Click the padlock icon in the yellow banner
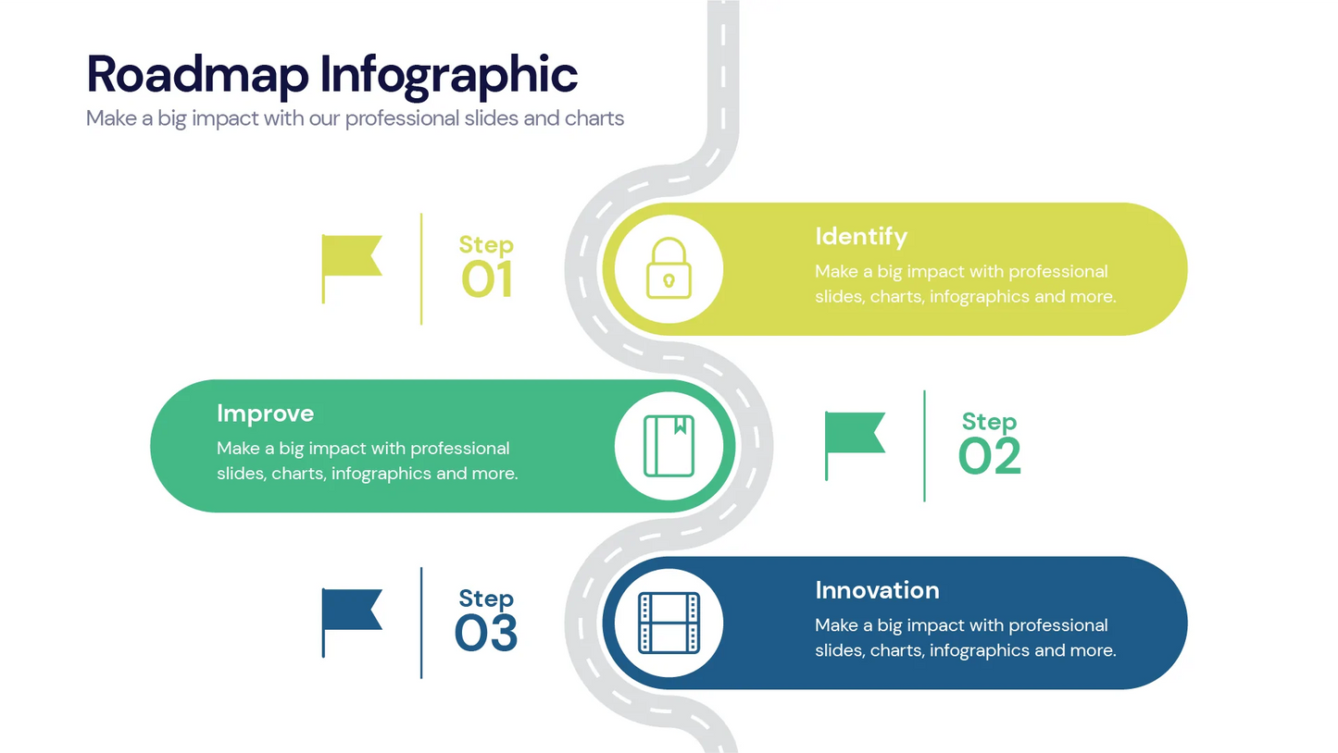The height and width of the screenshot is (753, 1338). coord(669,268)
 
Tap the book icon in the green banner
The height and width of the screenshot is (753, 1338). coord(669,445)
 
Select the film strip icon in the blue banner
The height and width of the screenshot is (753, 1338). coord(669,622)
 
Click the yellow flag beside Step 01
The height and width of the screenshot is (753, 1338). coord(351,256)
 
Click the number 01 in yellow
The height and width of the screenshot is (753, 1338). coord(487,279)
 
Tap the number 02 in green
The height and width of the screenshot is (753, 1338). coord(990,456)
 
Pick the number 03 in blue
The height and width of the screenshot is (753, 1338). coord(486,633)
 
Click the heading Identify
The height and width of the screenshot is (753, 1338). coord(861,237)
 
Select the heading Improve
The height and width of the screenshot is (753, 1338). coord(265,413)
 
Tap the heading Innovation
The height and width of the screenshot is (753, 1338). coord(877,590)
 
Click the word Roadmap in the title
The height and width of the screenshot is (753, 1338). coord(197,75)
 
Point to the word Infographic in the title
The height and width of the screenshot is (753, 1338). coord(449,77)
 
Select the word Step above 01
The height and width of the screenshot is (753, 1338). coord(486,245)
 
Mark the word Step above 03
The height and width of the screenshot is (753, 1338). coord(486,599)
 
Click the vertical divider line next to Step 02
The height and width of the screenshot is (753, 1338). coord(924,446)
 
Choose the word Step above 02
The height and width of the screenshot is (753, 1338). coord(989,422)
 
